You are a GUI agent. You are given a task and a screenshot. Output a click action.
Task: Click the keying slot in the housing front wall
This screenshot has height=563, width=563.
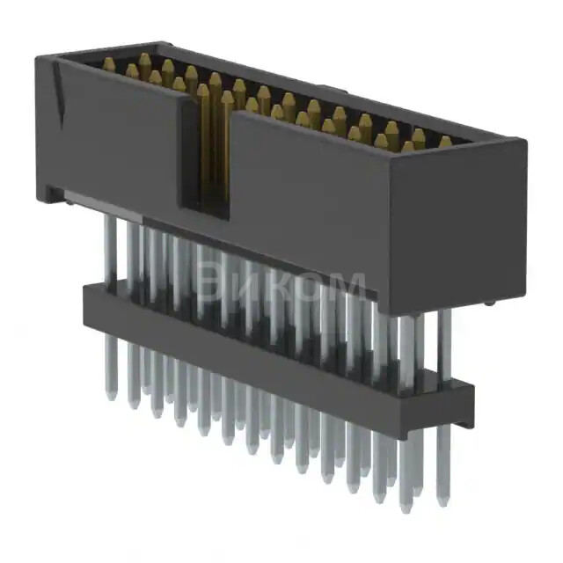pyautogui.click(x=205, y=150)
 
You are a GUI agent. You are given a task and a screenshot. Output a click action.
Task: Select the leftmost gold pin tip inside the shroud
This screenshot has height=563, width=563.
pyautogui.click(x=108, y=63)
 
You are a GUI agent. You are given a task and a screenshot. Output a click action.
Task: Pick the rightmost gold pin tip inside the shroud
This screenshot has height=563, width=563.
pyautogui.click(x=444, y=142)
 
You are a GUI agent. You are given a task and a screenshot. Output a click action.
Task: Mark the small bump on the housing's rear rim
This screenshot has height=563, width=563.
pyautogui.click(x=323, y=88)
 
